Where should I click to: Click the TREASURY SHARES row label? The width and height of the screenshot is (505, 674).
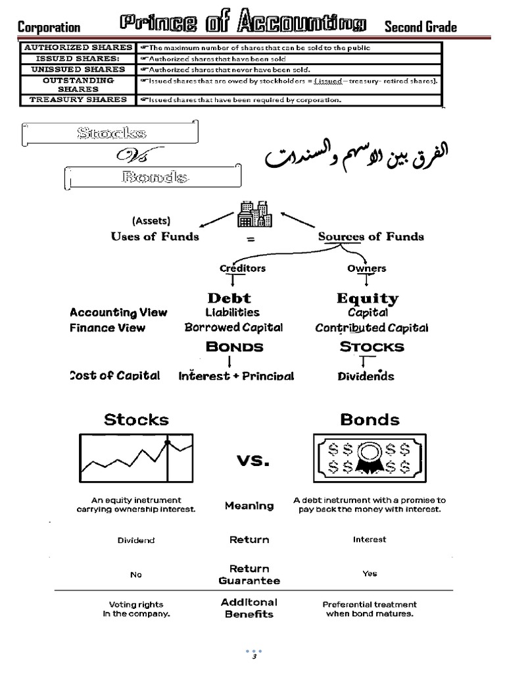pyautogui.click(x=78, y=100)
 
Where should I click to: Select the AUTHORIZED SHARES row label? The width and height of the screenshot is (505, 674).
pyautogui.click(x=78, y=47)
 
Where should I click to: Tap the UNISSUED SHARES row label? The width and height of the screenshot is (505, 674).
pyautogui.click(x=78, y=69)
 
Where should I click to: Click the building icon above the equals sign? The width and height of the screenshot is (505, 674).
pyautogui.click(x=255, y=213)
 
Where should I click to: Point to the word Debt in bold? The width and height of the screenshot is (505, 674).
pyautogui.click(x=229, y=298)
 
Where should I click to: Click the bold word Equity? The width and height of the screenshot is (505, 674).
pyautogui.click(x=368, y=298)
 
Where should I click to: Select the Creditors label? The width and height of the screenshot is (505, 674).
pyautogui.click(x=243, y=268)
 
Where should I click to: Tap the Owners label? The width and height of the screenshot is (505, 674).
pyautogui.click(x=366, y=268)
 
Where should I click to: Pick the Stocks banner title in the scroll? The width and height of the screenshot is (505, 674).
pyautogui.click(x=111, y=133)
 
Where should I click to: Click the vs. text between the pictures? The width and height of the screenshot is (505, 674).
pyautogui.click(x=252, y=461)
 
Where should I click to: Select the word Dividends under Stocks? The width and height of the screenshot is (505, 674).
pyautogui.click(x=366, y=376)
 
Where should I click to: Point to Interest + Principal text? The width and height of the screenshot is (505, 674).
pyautogui.click(x=236, y=376)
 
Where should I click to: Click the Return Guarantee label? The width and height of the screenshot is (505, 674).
pyautogui.click(x=249, y=575)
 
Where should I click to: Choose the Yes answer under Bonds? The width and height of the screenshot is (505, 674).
pyautogui.click(x=370, y=573)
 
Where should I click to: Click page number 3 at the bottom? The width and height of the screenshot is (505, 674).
pyautogui.click(x=253, y=657)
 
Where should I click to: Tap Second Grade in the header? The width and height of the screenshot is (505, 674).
pyautogui.click(x=420, y=27)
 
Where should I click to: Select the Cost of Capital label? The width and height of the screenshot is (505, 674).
pyautogui.click(x=114, y=375)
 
